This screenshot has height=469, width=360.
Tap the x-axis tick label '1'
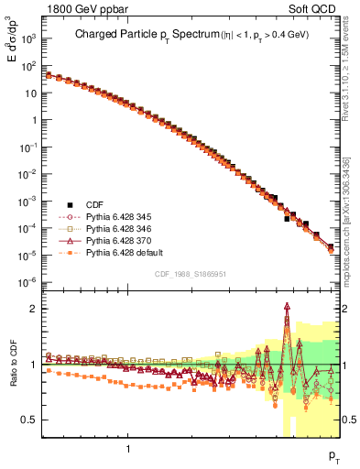point(127,449)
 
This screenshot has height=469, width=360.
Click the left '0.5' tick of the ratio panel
point(30,420)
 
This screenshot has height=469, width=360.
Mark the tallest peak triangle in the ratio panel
point(288,307)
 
